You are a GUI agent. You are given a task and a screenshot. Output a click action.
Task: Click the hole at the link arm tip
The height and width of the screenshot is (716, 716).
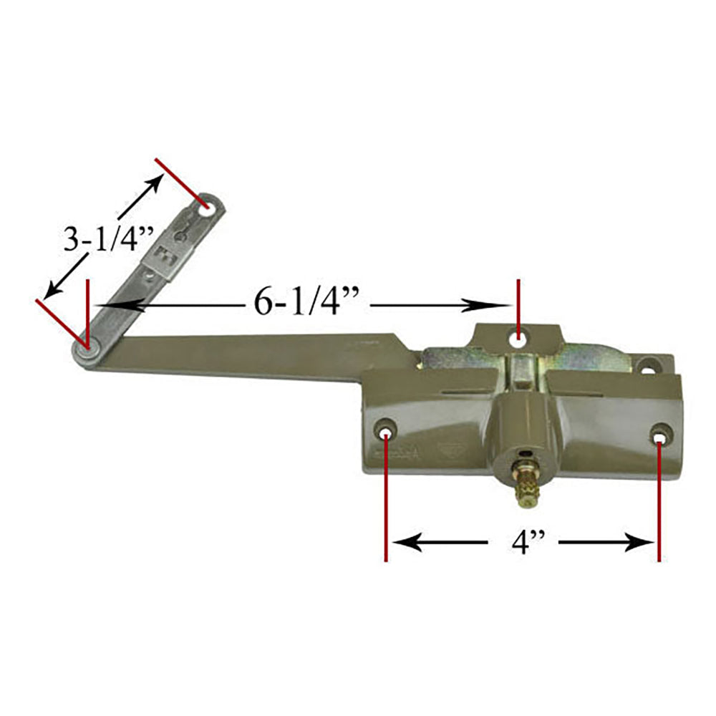(x=207, y=205)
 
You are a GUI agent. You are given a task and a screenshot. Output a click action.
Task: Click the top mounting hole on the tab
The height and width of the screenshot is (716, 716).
(x=519, y=334)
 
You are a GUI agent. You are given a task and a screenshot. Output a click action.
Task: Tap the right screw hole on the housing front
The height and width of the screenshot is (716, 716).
(x=659, y=434)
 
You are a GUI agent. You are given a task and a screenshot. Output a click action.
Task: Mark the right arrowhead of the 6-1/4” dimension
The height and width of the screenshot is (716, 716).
(x=494, y=306)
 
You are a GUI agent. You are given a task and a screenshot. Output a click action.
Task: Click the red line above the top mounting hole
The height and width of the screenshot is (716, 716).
(x=518, y=301)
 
